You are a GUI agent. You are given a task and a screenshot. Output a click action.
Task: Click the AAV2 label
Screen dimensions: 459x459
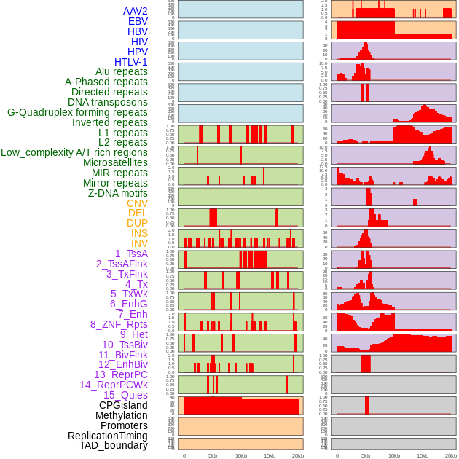(135, 11)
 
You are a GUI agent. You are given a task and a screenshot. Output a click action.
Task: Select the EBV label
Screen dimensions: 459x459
(138, 21)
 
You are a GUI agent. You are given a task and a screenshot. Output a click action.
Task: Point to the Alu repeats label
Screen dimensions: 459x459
(122, 71)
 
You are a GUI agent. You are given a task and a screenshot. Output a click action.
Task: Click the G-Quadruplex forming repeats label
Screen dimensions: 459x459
(77, 112)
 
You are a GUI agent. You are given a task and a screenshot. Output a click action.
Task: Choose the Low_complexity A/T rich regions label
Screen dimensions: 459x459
(74, 152)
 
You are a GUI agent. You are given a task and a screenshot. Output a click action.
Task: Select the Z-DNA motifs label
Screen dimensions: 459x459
(117, 193)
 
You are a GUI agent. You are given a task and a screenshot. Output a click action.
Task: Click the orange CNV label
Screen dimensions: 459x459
(137, 203)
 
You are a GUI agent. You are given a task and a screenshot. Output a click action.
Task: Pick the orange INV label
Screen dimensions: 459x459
(139, 243)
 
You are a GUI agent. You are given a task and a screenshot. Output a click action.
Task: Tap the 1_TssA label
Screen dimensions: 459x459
(131, 254)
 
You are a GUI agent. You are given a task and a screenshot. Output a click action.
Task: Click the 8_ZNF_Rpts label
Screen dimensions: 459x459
(119, 324)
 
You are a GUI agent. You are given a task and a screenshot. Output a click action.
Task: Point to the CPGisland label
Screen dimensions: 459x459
(123, 405)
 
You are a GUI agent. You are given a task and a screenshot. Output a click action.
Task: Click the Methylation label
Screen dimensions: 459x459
(122, 415)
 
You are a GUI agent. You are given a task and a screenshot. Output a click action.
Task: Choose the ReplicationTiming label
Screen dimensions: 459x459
(107, 436)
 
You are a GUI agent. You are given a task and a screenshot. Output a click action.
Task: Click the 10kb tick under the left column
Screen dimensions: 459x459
(240, 455)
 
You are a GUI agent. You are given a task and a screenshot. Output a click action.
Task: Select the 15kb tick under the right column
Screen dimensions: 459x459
(423, 455)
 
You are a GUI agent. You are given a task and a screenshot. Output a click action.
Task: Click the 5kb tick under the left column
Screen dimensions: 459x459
(212, 455)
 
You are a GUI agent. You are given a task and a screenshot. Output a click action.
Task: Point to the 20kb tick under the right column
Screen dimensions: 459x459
(451, 455)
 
